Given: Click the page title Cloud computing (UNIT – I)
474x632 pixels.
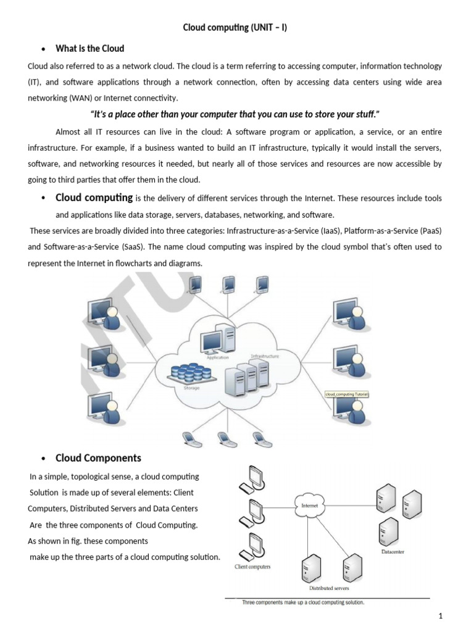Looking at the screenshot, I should coord(236,28).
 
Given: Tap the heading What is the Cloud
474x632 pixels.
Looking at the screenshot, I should coord(89,48).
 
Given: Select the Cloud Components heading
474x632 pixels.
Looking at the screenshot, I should coord(98,458).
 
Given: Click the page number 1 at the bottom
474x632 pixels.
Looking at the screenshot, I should coord(441,615).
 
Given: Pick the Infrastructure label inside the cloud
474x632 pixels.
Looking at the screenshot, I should coord(265,357).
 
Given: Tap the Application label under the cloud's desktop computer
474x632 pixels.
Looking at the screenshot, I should coord(217,357).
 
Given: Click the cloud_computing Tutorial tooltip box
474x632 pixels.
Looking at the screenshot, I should coord(346,393).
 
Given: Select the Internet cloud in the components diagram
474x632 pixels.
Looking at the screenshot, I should coord(309,505).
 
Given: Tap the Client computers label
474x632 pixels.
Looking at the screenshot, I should coord(252,567).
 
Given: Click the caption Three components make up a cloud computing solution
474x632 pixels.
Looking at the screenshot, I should coord(303,602).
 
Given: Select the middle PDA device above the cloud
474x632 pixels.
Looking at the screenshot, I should coord(228,283).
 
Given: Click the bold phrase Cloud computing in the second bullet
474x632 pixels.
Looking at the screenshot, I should coord(94,198).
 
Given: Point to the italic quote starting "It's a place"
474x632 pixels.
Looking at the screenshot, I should coord(235,115).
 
